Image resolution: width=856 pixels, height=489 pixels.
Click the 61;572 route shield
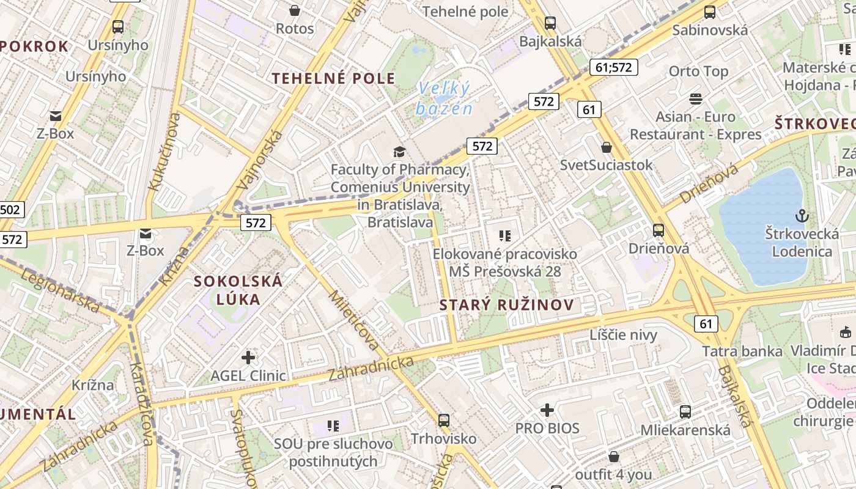tap(613, 67)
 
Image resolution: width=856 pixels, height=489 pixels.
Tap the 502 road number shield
tap(10, 210)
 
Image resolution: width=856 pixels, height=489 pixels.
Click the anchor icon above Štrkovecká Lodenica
tap(801, 216)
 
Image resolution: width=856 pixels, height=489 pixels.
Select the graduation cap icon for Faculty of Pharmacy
tap(399, 152)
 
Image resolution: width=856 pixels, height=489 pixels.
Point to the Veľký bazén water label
tap(445, 98)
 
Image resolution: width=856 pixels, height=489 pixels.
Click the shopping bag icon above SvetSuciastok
tap(606, 147)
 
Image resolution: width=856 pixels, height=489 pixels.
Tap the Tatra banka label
tap(742, 351)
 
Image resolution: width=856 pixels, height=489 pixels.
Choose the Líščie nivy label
tap(623, 334)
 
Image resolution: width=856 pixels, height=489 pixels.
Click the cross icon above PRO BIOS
tap(547, 410)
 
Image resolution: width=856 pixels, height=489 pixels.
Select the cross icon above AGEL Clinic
tap(248, 357)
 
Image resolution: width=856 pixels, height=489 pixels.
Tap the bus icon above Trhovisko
tap(444, 421)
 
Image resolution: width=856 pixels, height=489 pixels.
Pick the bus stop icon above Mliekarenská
tap(685, 412)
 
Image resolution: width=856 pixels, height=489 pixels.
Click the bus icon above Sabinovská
tap(710, 12)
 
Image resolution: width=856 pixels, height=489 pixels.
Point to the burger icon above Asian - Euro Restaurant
tap(696, 98)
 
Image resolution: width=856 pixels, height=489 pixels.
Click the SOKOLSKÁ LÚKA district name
tap(238, 290)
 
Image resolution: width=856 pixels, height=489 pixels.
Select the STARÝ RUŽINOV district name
tap(507, 305)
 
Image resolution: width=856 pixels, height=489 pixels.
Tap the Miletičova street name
tap(353, 320)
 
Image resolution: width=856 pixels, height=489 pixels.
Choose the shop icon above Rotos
tap(295, 10)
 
